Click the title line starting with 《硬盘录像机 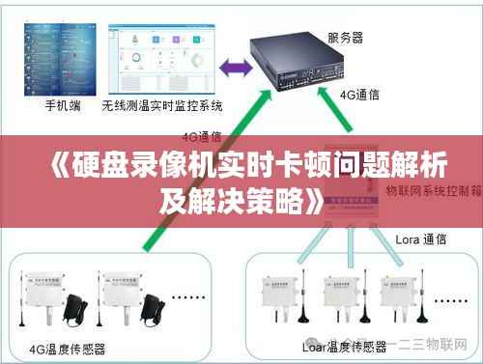pos(241,165)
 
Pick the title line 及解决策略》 pos(241,201)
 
